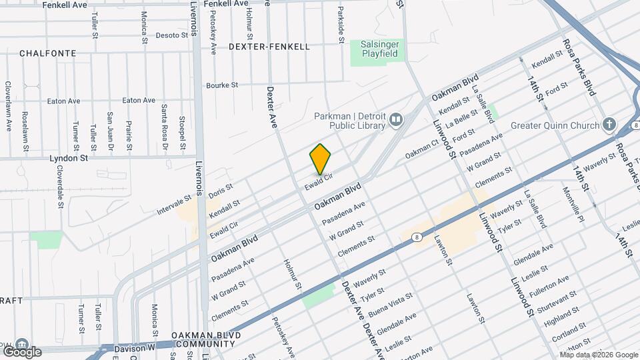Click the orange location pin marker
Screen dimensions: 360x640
[x=321, y=159]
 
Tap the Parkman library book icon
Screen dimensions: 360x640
[x=397, y=120]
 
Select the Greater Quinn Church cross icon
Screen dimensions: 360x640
[x=608, y=125]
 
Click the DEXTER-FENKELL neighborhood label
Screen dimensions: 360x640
[x=269, y=47]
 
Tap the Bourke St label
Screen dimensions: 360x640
[x=222, y=85]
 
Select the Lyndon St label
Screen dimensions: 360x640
[x=69, y=159]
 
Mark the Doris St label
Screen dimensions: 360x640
[x=220, y=190]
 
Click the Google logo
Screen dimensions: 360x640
[x=21, y=351]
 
